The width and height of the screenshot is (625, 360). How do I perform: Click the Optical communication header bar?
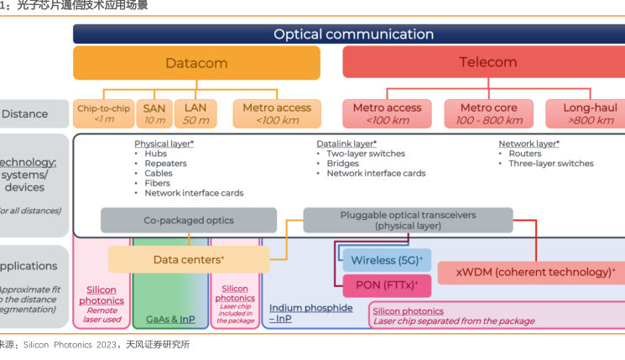click(353, 34)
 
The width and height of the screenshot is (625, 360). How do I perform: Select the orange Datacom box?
click(196, 63)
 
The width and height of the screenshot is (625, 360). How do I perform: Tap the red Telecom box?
click(487, 63)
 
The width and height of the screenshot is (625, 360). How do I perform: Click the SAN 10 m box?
click(154, 113)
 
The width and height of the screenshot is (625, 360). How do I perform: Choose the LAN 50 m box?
click(195, 113)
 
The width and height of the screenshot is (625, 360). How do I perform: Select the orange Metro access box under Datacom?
click(276, 113)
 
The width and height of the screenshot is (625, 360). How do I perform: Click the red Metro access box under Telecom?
click(386, 113)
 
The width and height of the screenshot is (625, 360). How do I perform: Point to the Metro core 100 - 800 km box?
click(487, 113)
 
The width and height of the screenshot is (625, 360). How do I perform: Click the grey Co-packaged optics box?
click(189, 221)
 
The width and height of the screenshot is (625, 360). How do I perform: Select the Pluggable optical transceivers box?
click(408, 221)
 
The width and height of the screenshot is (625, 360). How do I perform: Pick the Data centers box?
click(188, 259)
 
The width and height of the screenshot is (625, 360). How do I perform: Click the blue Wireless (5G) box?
click(386, 260)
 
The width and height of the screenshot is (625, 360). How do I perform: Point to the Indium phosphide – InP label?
click(310, 313)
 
